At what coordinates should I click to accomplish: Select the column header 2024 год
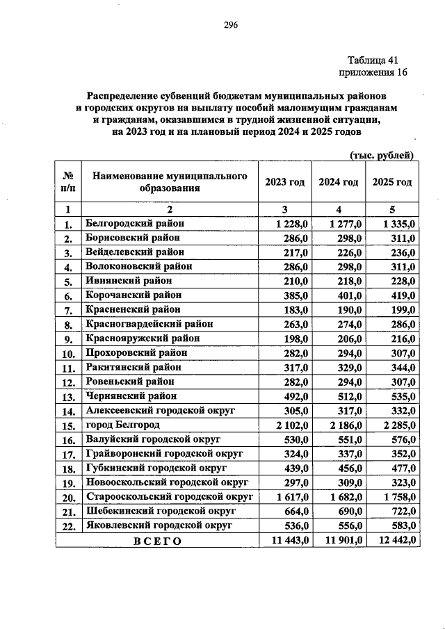coord(338,182)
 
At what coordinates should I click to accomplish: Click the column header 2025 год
coord(392,182)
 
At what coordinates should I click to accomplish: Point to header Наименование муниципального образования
coord(170,182)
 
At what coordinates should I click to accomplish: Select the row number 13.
coord(68,397)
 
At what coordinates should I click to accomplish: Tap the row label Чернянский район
coord(131,396)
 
